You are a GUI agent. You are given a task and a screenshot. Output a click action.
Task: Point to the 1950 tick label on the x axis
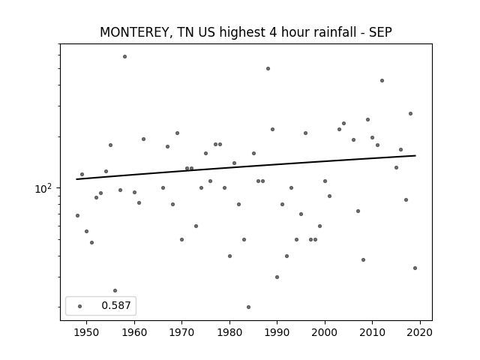pos(86,332)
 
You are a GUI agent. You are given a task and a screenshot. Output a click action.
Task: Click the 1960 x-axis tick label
pos(134,332)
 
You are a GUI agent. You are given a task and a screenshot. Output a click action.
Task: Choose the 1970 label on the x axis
pos(181,332)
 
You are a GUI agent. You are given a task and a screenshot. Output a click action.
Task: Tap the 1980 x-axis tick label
pos(229,332)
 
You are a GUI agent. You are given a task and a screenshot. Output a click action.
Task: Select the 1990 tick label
pos(277,332)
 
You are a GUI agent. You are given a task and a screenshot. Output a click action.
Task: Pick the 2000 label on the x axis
pos(325,332)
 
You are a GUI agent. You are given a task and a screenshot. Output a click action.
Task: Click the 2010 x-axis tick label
pos(372,332)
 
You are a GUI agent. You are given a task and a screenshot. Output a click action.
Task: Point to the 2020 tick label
pos(420,332)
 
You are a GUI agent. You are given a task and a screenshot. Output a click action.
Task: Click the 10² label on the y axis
pos(43,188)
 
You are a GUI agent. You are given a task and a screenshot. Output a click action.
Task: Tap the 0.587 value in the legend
pos(116,305)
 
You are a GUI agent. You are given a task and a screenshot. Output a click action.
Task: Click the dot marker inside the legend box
pos(79,306)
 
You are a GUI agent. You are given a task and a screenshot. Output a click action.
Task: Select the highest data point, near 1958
pos(124,57)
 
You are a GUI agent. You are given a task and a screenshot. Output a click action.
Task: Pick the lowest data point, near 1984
pos(248,307)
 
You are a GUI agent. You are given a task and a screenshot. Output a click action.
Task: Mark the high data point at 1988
pos(268,68)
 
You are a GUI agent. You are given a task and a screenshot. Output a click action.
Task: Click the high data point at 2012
pos(382,80)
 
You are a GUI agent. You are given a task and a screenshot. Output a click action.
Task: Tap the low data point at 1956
pos(115,290)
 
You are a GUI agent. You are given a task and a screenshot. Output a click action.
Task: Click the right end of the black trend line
pos(415,155)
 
